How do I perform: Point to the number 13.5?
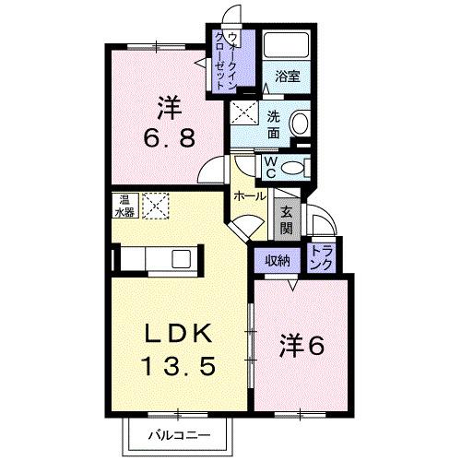pos(179,366)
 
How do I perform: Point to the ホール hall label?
pos(250,196)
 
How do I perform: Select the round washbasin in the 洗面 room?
pos(300,124)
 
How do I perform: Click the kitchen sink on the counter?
pos(179,258)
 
